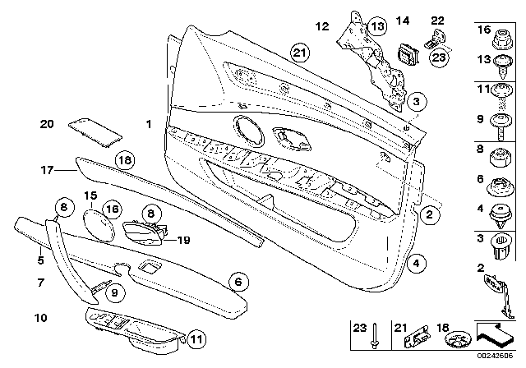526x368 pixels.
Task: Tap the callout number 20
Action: [47, 124]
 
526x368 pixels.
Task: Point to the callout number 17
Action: [47, 171]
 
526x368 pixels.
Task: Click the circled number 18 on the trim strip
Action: [123, 160]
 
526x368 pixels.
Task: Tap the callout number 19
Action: [184, 241]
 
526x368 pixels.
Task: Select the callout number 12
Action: [322, 27]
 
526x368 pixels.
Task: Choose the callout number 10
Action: [41, 316]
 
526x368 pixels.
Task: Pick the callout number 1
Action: [149, 125]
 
